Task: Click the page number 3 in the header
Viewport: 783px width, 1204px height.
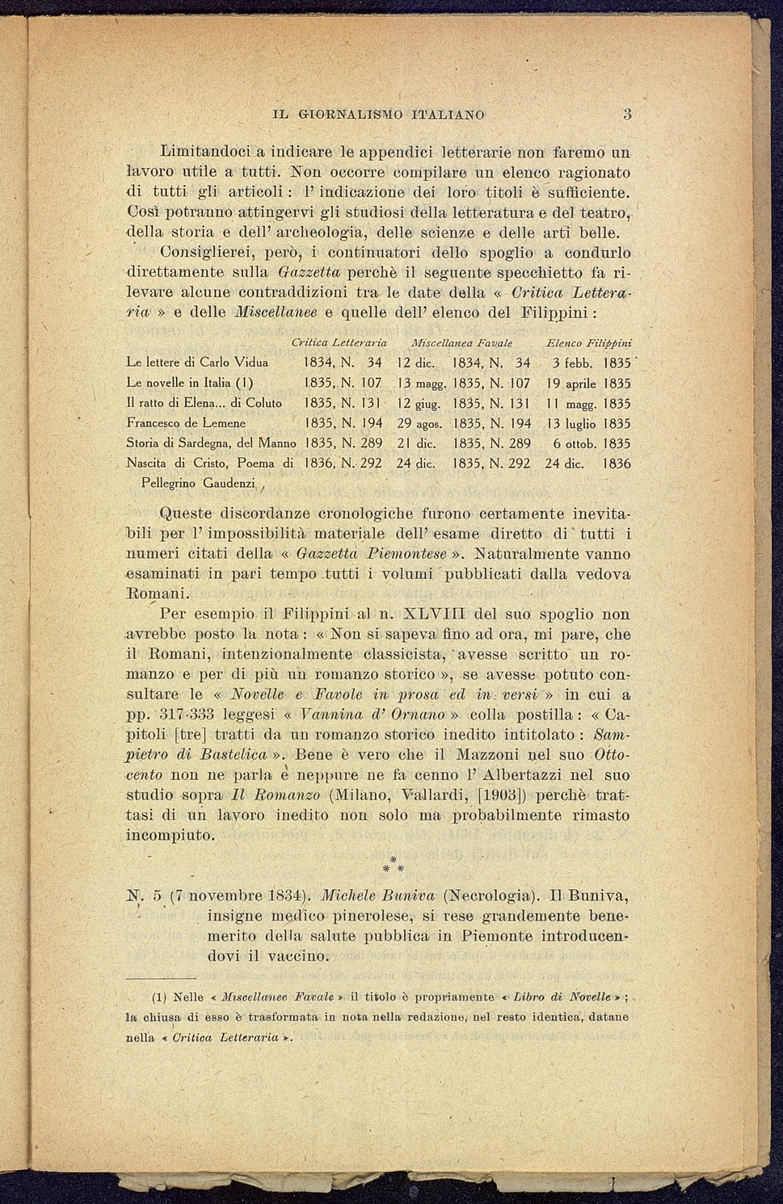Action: tap(627, 114)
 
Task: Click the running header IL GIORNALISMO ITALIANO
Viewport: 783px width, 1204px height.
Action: tap(379, 115)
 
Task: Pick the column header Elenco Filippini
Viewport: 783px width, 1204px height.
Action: tap(588, 342)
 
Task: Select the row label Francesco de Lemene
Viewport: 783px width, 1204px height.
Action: tap(187, 422)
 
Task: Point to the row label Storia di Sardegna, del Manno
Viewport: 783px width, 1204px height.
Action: tap(212, 443)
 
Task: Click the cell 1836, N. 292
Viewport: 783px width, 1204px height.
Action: tap(342, 464)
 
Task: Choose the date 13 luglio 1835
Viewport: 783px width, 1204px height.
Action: tap(587, 423)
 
